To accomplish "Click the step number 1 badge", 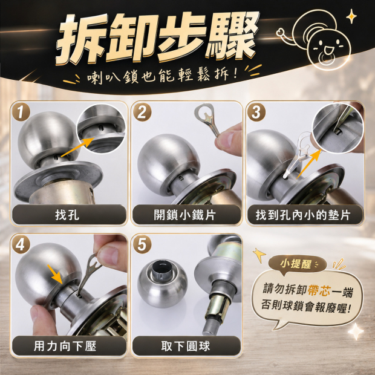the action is tap(21, 112).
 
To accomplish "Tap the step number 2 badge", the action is tap(142, 112).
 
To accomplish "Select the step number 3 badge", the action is tap(256, 112).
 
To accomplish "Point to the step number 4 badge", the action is tap(21, 244).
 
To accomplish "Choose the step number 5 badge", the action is tap(142, 244).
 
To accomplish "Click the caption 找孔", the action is tap(67, 214).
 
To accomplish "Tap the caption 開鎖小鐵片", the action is tap(185, 214).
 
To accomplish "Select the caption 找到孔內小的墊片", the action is tap(303, 215).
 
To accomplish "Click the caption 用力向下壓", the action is tap(65, 346).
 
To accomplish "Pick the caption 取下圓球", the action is tap(186, 346).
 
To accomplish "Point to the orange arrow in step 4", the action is tap(55, 274).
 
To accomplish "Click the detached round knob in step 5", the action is tap(162, 283).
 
